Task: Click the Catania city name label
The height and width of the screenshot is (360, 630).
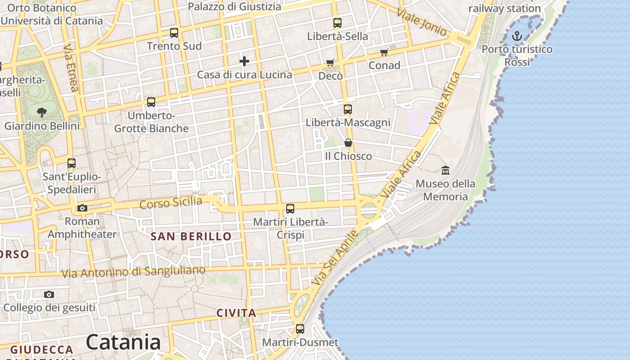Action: point(123,342)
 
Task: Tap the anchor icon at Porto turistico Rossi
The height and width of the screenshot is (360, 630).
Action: point(517,36)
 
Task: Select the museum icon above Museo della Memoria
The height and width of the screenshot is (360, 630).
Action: point(445,170)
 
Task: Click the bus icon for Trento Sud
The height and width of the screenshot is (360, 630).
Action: point(174,33)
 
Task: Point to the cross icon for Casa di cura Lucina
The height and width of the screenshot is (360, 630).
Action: point(244,61)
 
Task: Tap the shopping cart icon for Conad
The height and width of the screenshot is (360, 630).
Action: point(384,53)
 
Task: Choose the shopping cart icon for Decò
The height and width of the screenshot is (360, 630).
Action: point(330,63)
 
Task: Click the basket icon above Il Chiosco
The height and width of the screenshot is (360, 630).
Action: point(348,143)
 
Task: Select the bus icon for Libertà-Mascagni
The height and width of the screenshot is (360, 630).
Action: point(347,109)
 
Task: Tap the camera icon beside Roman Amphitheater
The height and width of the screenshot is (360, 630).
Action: point(82,208)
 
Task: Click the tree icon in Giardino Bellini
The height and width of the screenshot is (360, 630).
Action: point(42,112)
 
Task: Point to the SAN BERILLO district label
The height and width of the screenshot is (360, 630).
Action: point(191,236)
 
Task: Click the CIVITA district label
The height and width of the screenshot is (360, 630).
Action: point(236,313)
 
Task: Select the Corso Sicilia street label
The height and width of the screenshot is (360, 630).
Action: point(171,202)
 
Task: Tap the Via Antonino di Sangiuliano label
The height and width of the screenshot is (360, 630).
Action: point(133,272)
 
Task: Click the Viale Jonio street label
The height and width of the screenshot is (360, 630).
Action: point(422,22)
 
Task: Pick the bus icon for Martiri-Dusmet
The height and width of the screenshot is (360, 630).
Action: point(300,329)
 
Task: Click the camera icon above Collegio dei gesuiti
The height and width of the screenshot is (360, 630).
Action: point(49,295)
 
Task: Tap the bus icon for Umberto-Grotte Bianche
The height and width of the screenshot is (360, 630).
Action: point(151,102)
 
